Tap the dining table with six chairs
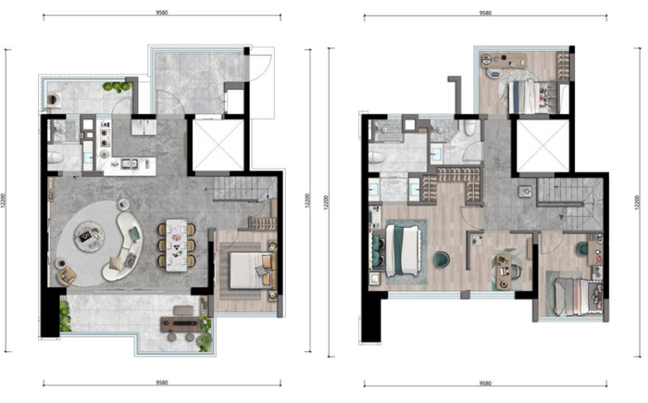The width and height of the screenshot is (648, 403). coord(177,245)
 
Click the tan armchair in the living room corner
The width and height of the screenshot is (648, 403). coord(67,275)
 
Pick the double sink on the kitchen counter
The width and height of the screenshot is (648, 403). coord(129,164)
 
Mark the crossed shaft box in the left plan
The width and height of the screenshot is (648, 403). coord(218,145)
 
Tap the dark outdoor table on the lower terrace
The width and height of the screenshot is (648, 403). coord(182,324)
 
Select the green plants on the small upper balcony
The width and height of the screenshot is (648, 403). coord(118,86)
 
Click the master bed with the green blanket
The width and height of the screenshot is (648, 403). coord(403,250)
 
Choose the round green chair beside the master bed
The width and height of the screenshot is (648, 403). coord(442,259)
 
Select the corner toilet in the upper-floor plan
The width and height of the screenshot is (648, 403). coord(469,127)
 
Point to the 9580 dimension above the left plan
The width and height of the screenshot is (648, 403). coord(162,12)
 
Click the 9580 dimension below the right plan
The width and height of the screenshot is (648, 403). coord(485,384)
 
